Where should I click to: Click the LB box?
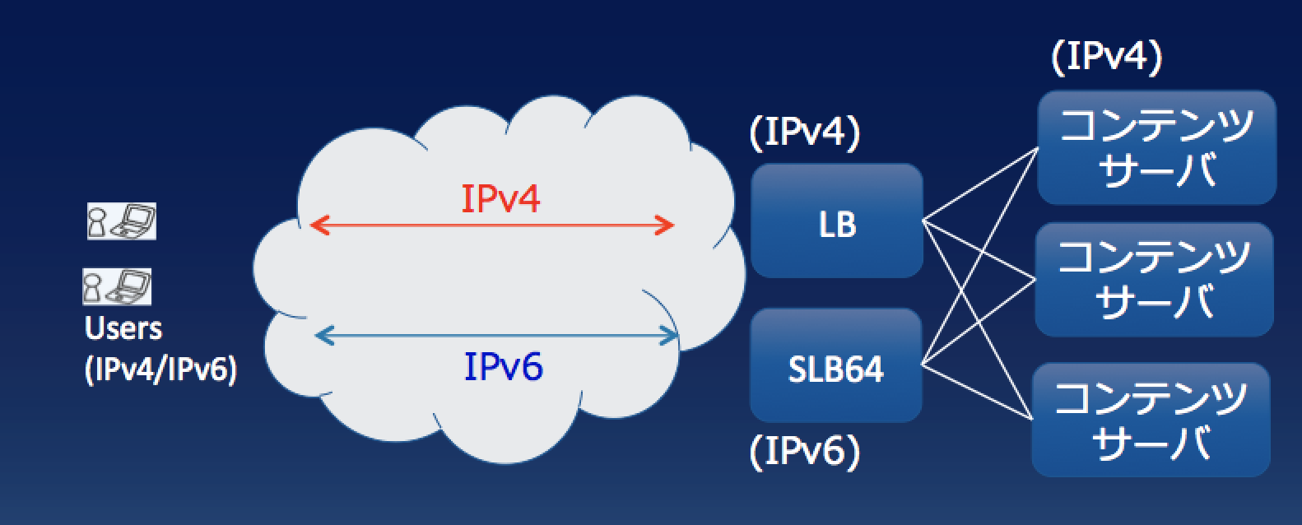[x=837, y=221]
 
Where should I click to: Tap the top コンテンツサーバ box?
[x=1156, y=147]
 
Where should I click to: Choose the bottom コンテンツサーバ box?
[x=1151, y=420]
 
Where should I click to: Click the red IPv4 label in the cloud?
[x=500, y=198]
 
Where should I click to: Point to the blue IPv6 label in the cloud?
[x=504, y=367]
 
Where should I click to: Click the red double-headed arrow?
[x=492, y=225]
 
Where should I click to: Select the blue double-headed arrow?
[x=497, y=335]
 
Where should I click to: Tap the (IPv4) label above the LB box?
[x=805, y=134]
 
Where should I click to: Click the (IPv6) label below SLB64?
[x=805, y=451]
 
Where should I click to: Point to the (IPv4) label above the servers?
[x=1107, y=58]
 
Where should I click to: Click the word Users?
[x=123, y=328]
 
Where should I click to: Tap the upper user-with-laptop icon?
[x=121, y=221]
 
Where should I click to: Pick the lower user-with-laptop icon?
[x=117, y=286]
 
